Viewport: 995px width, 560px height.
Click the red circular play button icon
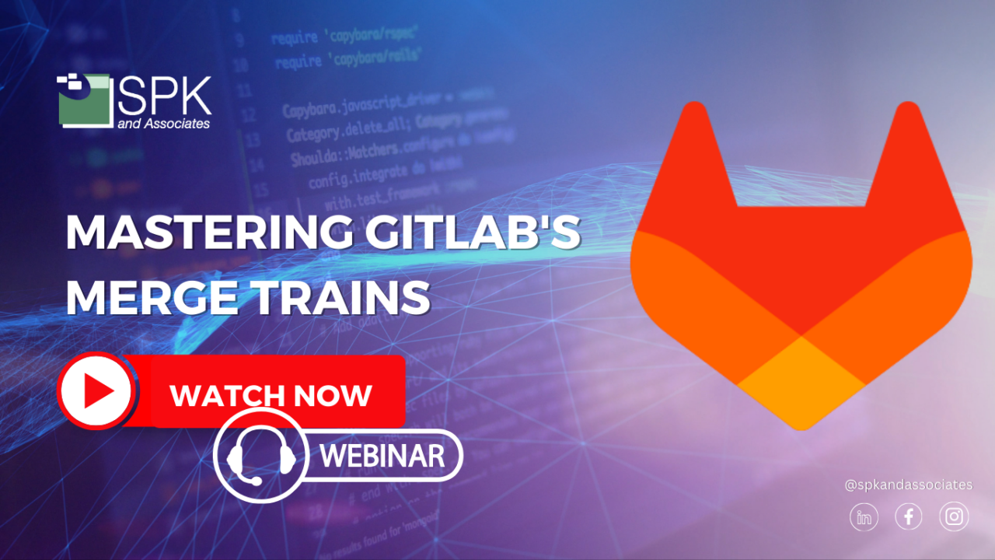coord(96,390)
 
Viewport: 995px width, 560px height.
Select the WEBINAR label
coord(382,455)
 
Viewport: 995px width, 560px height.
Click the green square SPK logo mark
coord(84,99)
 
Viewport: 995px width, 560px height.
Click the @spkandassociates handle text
coord(908,485)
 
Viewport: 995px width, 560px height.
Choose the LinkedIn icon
coord(864,516)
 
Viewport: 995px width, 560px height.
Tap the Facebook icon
coord(909,516)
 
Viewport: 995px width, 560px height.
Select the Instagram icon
coord(954,516)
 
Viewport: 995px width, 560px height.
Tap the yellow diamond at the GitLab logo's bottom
coord(801,381)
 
